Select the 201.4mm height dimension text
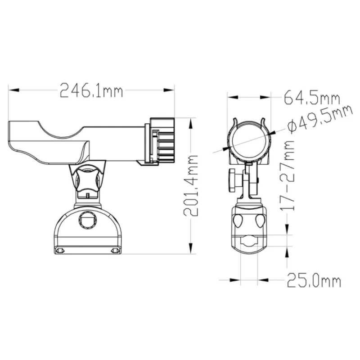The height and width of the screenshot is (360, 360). pyautogui.click(x=190, y=185)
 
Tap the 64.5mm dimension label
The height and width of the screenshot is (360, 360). pyautogui.click(x=312, y=98)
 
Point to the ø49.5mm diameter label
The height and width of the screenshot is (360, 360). pyautogui.click(x=319, y=119)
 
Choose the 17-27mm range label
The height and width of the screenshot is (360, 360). pyautogui.click(x=287, y=175)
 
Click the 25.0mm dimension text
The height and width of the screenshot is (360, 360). pyautogui.click(x=314, y=280)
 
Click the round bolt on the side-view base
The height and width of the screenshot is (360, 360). pyautogui.click(x=87, y=220)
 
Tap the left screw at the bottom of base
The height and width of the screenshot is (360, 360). pyautogui.click(x=60, y=251)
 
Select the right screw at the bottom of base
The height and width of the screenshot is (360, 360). pyautogui.click(x=116, y=251)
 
